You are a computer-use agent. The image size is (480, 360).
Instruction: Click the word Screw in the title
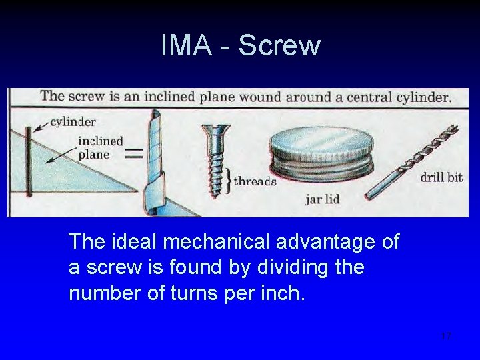point(279,46)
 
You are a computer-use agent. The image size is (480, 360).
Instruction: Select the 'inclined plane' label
point(101,147)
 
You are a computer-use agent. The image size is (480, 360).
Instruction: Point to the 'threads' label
point(255,181)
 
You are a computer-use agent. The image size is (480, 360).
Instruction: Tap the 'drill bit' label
point(441,177)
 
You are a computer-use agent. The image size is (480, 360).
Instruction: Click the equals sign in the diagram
point(135,154)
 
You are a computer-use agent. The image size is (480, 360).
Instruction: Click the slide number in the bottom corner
point(446,335)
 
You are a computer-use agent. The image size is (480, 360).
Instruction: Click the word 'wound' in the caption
point(261,97)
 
